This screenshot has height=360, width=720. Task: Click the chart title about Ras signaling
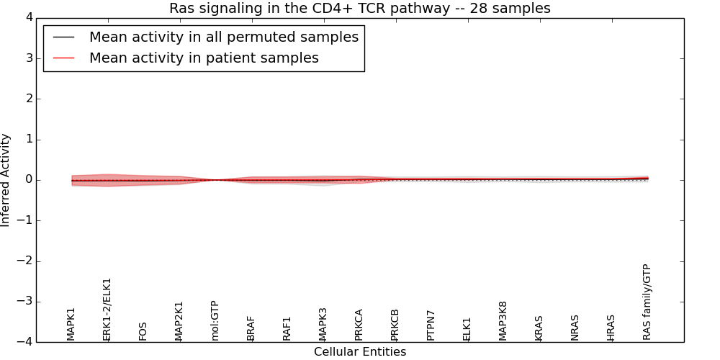pos(360,9)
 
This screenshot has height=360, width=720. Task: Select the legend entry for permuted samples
pos(223,37)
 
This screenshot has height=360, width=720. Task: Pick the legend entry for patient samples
pos(204,58)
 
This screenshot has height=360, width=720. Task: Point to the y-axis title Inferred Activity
pos(6,180)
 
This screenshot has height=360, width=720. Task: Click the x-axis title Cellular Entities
pos(360,352)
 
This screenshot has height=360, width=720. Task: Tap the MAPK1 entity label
pos(71,324)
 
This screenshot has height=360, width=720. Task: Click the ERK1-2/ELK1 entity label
pos(107,310)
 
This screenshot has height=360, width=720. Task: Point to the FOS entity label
pos(143,331)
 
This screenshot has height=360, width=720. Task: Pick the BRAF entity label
pos(251,328)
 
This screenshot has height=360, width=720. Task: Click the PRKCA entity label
pos(359,325)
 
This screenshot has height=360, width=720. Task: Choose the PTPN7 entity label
pos(431,325)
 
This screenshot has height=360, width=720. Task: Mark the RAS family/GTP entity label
pos(647,302)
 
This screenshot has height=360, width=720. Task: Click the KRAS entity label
pos(539,328)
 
